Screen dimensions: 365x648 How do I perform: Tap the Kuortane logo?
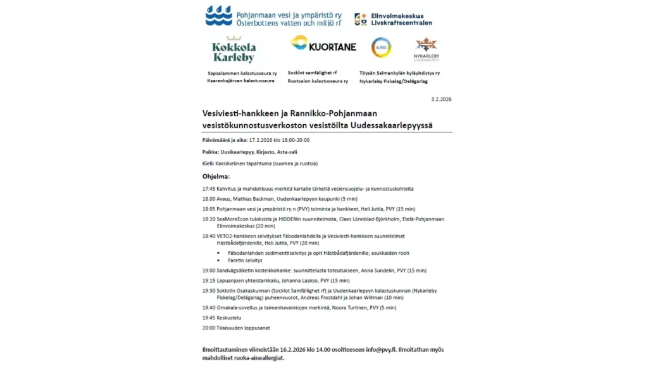click(323, 44)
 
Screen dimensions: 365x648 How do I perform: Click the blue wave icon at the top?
click(219, 16)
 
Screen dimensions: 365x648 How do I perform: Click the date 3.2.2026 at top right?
click(441, 99)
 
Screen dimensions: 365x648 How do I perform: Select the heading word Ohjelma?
click(216, 176)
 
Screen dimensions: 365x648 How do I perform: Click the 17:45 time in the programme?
click(209, 189)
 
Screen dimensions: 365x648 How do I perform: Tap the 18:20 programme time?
click(209, 219)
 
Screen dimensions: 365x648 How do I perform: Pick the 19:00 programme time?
click(209, 271)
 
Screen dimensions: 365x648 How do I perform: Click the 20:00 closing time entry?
click(209, 328)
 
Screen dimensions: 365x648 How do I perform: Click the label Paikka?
click(211, 152)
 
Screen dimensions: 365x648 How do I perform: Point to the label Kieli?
click(208, 163)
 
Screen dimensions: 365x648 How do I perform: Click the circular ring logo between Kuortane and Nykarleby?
click(381, 47)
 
